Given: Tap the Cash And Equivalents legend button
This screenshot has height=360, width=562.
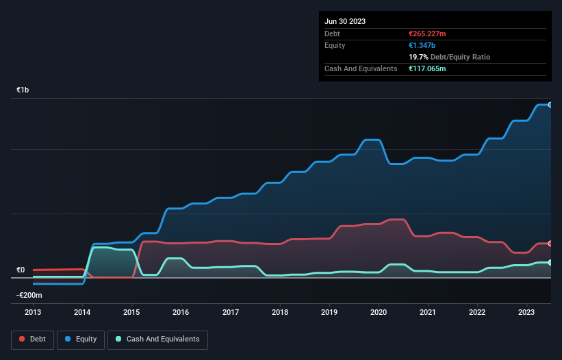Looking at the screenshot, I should [x=157, y=339].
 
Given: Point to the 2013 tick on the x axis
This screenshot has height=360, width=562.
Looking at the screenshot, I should [x=33, y=313].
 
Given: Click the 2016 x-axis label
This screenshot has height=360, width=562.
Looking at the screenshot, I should [x=181, y=313].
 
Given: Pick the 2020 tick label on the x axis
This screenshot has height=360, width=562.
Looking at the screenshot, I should [x=379, y=313].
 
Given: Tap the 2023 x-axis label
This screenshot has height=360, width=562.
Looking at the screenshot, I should [x=526, y=313].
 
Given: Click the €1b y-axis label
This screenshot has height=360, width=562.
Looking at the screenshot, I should [x=23, y=90].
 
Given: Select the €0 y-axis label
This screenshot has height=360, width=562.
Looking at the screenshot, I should [x=21, y=270].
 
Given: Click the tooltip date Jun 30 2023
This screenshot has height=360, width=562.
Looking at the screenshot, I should [x=345, y=21].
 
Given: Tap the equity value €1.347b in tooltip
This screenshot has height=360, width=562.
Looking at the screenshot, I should [x=421, y=45].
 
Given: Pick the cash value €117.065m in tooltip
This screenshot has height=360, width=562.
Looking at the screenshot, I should [x=428, y=69].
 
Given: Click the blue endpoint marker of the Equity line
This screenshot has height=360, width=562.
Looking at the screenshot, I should [x=550, y=105].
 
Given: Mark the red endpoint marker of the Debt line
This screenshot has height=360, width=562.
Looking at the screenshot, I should [x=550, y=244].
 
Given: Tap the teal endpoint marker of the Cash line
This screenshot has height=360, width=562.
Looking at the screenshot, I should [x=550, y=263].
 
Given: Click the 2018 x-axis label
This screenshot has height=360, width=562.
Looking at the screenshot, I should [x=280, y=313].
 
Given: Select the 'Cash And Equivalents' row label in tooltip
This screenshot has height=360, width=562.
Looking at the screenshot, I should [x=361, y=69].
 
